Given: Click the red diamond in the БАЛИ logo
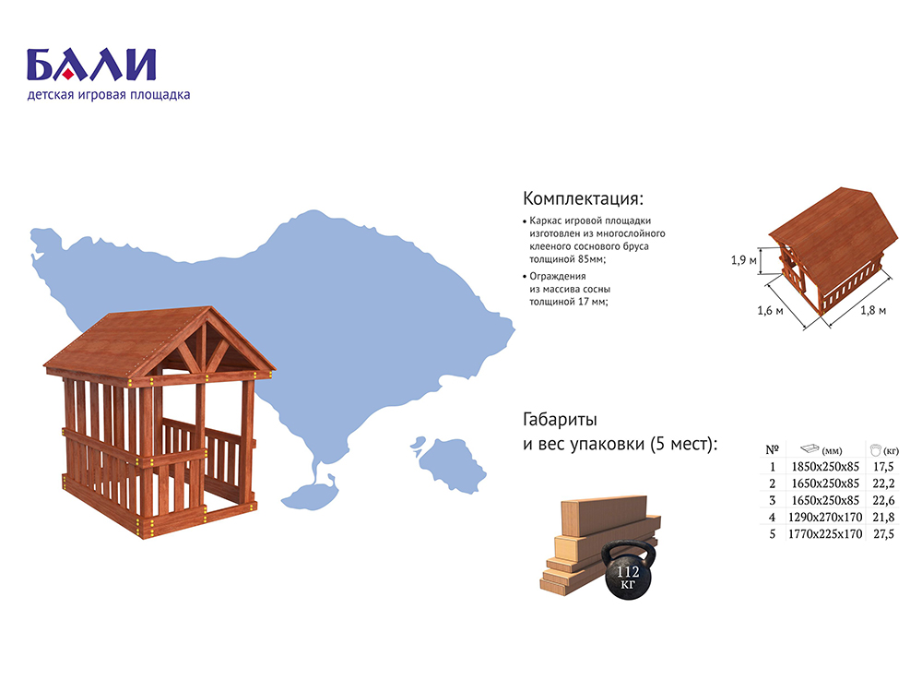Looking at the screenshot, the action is click(68, 73).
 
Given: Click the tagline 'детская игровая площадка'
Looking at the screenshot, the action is click(109, 95).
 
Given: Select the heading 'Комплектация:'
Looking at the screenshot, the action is click(583, 199).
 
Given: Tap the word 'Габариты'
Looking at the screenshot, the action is click(560, 420).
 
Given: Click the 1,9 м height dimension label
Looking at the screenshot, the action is click(743, 259).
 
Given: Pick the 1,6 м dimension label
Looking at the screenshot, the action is click(770, 310).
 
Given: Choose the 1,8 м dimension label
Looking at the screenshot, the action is click(872, 310).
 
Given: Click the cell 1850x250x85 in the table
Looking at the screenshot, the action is click(825, 467).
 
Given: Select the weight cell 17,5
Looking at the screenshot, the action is click(883, 467).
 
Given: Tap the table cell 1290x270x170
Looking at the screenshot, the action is click(825, 518).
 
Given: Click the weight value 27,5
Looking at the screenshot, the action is click(883, 534).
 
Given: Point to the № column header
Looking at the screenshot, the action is click(772, 450).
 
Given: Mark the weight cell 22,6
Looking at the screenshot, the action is click(883, 501).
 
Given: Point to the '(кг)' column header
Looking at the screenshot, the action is click(891, 451).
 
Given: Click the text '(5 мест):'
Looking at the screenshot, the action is click(684, 444).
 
